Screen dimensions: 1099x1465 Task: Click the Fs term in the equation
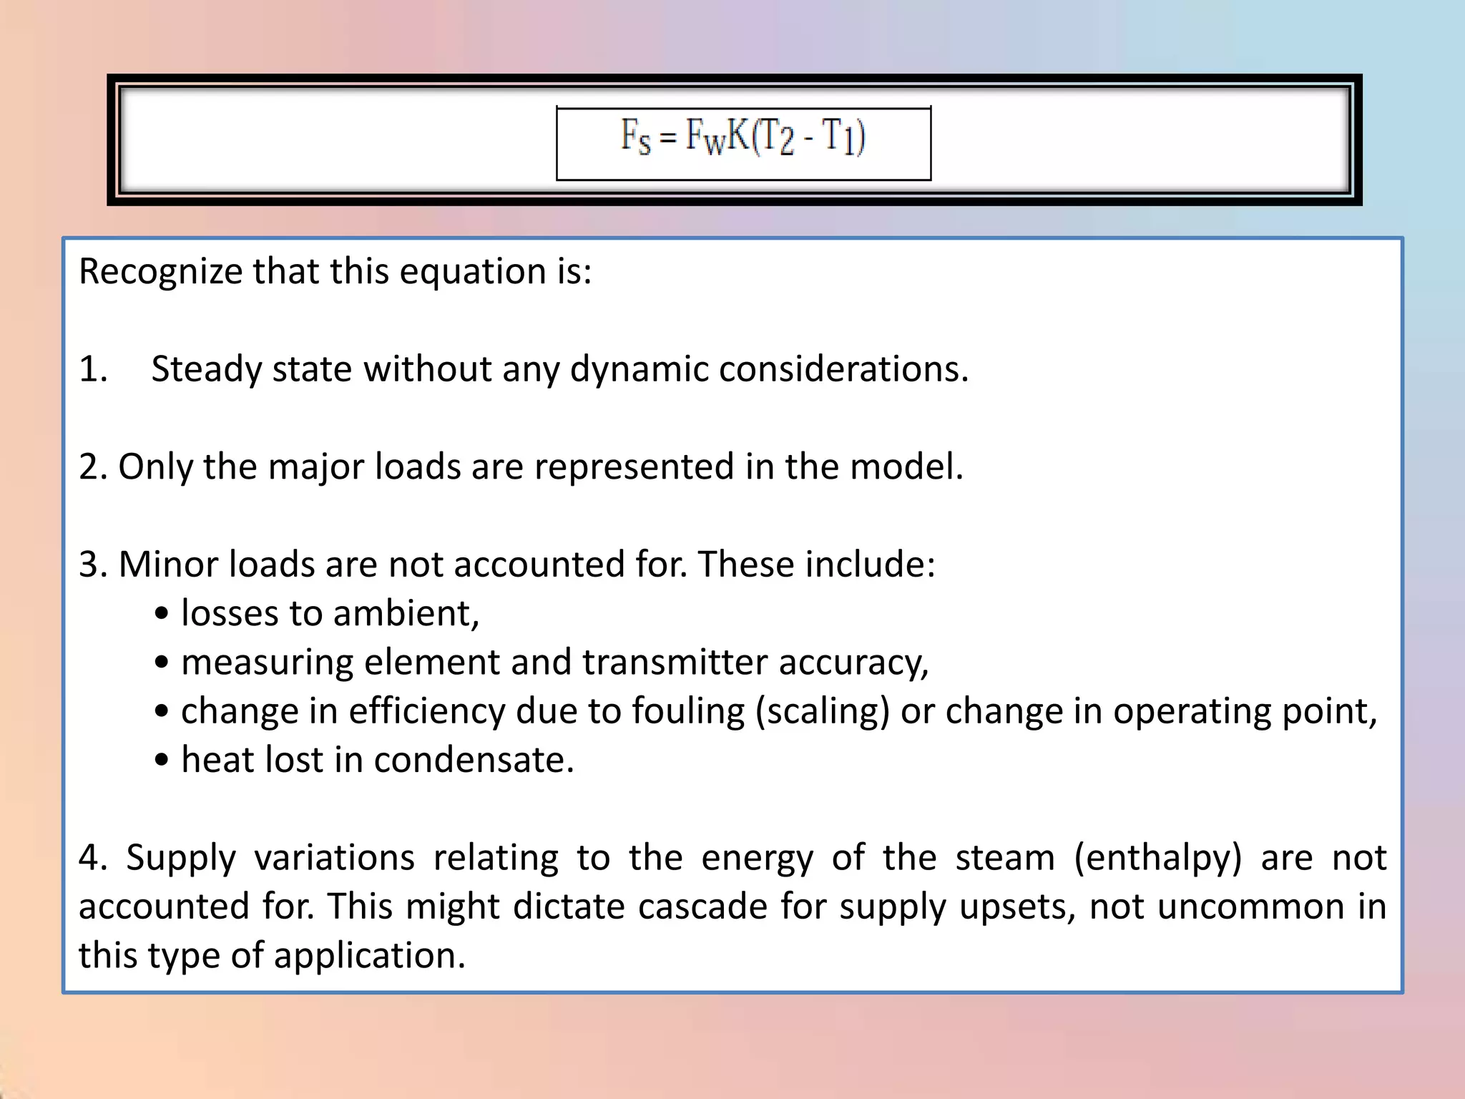pos(635,136)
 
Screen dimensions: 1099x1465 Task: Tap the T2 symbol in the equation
pos(775,136)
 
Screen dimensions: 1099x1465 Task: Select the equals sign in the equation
pos(668,137)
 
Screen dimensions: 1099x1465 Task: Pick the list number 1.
pos(92,369)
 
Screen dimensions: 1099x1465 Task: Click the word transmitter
pos(675,662)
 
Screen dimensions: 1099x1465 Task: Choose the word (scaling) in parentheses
pos(823,711)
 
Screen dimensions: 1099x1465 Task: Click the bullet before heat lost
pos(162,761)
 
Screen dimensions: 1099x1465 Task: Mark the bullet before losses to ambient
pos(162,614)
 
